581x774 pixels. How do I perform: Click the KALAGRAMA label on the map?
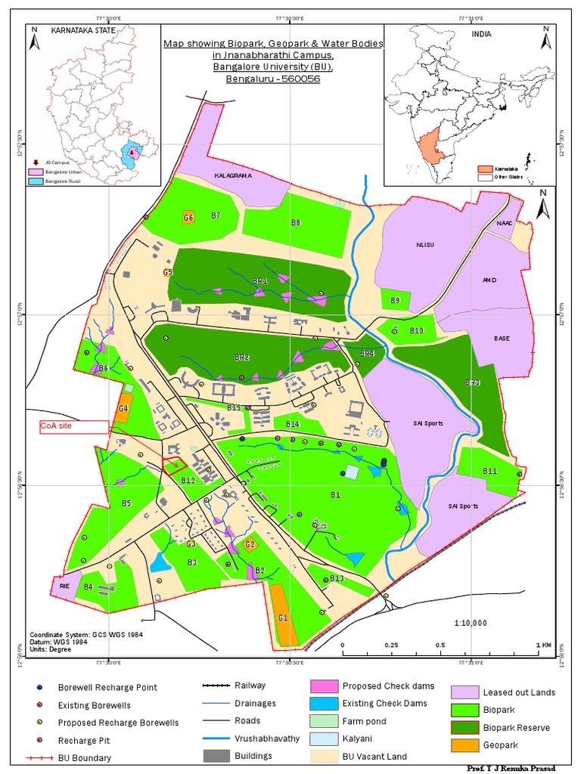[231, 175]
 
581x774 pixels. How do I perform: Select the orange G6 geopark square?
[189, 218]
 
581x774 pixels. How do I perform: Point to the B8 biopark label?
[297, 222]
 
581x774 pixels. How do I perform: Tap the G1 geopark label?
[283, 618]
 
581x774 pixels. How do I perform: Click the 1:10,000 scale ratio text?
[471, 623]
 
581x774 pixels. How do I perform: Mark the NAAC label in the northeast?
[505, 224]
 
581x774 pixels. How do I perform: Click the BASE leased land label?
[500, 339]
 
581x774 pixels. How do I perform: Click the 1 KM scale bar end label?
[544, 645]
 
